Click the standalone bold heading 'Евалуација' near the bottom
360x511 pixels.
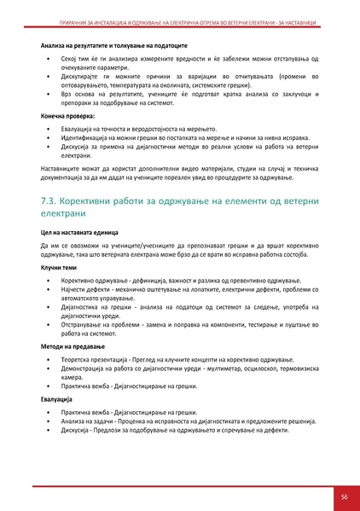tap(59, 398)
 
